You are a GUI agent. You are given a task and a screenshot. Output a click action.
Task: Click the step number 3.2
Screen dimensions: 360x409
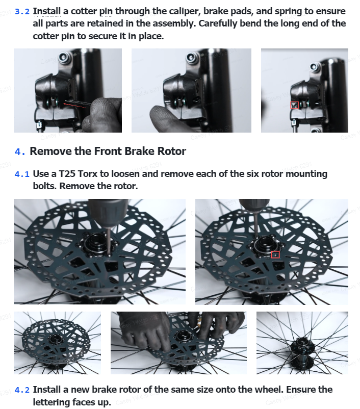(22, 12)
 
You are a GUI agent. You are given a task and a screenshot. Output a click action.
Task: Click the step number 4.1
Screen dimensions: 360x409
(22, 174)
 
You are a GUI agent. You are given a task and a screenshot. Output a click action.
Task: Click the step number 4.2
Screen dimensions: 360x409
(22, 390)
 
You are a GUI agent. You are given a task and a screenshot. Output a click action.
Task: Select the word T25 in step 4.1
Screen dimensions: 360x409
(67, 174)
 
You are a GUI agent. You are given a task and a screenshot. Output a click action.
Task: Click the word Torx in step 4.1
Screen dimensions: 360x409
(87, 174)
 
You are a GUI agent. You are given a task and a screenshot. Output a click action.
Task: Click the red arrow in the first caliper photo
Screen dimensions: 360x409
(74, 105)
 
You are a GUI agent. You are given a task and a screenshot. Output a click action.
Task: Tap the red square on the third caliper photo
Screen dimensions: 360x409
(295, 105)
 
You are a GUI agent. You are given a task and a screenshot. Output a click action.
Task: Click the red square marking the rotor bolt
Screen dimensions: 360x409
(275, 254)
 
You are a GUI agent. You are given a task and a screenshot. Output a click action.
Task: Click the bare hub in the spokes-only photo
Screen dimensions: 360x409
(302, 351)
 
